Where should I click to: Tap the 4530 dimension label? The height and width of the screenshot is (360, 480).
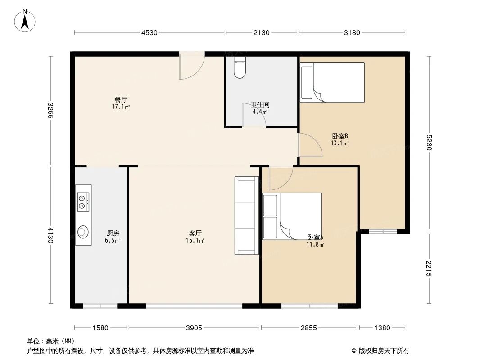pyautogui.click(x=149, y=33)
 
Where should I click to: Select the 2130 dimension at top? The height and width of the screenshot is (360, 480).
pyautogui.click(x=261, y=33)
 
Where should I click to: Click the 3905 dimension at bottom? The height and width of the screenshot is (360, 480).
pyautogui.click(x=194, y=328)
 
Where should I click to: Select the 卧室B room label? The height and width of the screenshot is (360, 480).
pyautogui.click(x=340, y=136)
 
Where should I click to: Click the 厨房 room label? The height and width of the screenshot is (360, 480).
pyautogui.click(x=113, y=234)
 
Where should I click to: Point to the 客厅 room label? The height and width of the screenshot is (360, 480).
pyautogui.click(x=195, y=234)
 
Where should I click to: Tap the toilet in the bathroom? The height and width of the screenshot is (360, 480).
pyautogui.click(x=240, y=67)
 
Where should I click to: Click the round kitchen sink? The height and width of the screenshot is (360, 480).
pyautogui.click(x=83, y=232)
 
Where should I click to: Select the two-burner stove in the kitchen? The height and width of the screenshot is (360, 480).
pyautogui.click(x=83, y=202)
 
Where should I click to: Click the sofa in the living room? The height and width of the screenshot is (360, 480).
pyautogui.click(x=247, y=216)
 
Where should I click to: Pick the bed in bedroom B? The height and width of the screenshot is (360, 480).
pyautogui.click(x=332, y=83)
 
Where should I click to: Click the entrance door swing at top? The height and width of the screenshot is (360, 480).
pyautogui.click(x=192, y=67)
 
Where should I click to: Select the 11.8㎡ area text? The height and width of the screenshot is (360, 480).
pyautogui.click(x=316, y=244)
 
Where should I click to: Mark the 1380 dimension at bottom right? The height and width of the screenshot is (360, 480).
pyautogui.click(x=382, y=328)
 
